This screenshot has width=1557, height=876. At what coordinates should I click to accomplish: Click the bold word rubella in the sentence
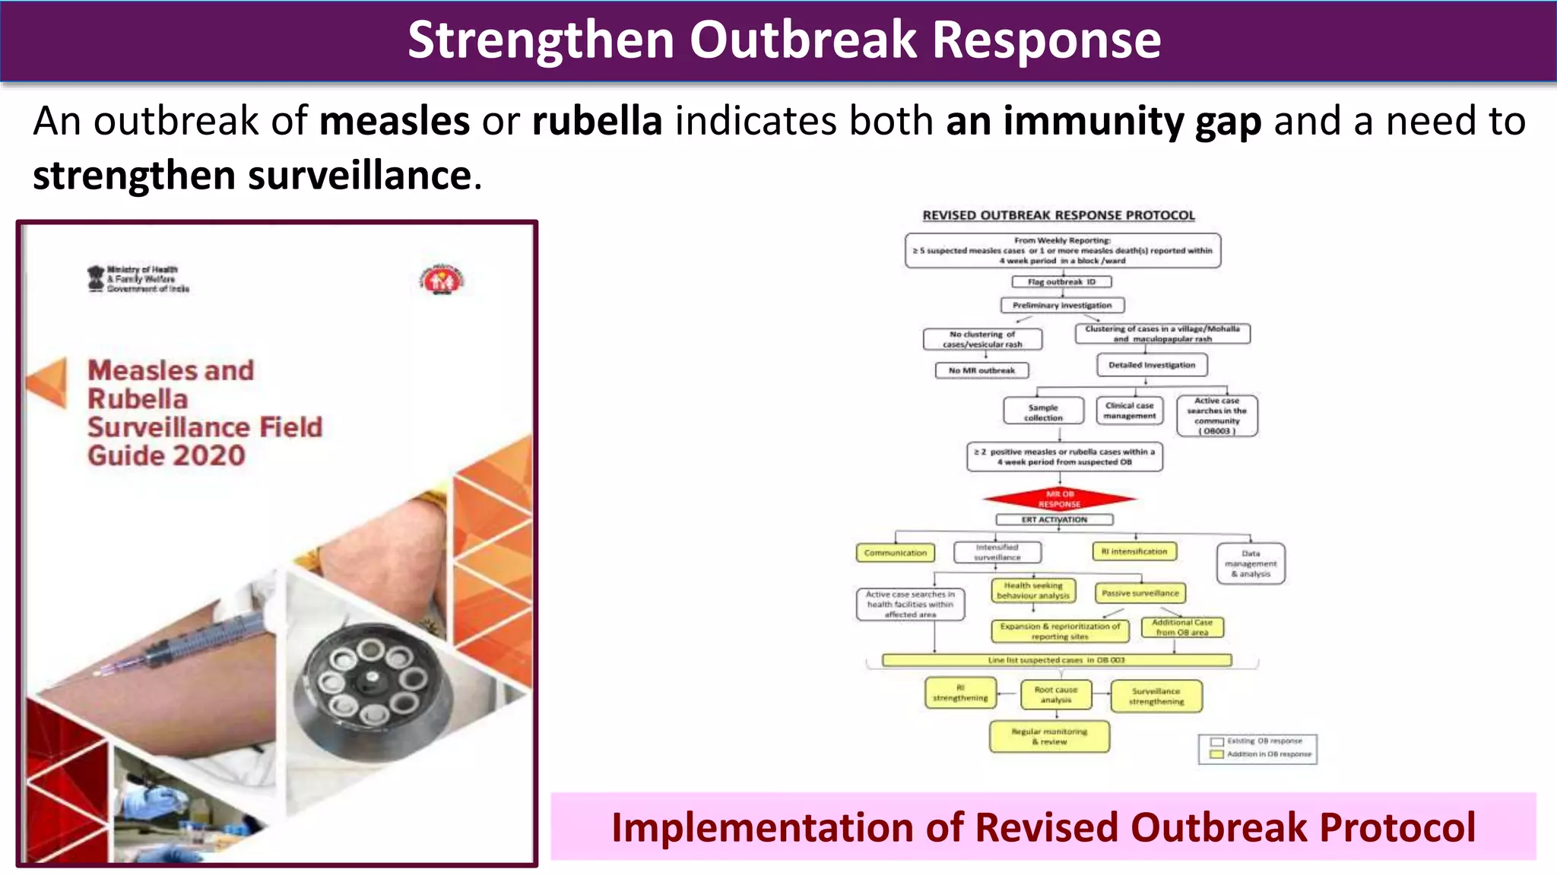[597, 121]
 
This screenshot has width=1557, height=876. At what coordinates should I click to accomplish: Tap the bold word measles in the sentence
[395, 121]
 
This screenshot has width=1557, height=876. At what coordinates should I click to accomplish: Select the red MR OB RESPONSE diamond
[1059, 500]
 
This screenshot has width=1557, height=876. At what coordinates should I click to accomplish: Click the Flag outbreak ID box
[1061, 282]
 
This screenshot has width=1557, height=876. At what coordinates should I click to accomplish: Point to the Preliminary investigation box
[1061, 306]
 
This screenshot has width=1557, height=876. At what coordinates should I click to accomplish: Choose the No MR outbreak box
[981, 370]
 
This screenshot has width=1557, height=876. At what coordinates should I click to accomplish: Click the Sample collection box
[1043, 412]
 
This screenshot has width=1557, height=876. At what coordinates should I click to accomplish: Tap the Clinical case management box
[1130, 411]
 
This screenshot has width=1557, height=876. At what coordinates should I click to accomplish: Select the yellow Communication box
[895, 553]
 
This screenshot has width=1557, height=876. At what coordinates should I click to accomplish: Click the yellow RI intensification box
[1134, 551]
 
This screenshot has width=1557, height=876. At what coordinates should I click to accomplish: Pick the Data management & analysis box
[1251, 563]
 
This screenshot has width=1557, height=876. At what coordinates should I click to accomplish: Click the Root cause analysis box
[1055, 694]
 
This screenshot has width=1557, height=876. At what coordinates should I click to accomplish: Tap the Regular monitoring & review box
[1049, 736]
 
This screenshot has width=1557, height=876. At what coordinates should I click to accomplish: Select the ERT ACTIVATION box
[1054, 519]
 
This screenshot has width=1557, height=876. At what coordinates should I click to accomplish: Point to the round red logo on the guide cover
[442, 281]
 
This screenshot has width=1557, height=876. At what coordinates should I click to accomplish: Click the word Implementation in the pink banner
[762, 827]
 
